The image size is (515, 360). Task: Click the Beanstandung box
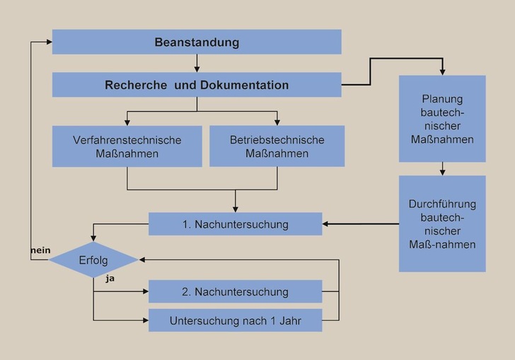click(x=197, y=42)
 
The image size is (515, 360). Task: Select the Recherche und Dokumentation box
click(x=197, y=85)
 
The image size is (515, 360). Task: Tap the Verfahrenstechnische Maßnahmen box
click(x=127, y=146)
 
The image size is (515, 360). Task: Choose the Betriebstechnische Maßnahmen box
click(x=277, y=146)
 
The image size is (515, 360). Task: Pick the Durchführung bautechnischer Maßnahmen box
click(x=442, y=224)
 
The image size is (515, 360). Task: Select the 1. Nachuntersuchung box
click(x=235, y=224)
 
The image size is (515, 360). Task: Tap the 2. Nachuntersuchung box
click(x=235, y=291)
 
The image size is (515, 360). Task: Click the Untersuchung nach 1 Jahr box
click(x=235, y=320)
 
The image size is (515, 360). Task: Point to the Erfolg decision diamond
click(x=93, y=260)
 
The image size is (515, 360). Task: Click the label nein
click(x=39, y=251)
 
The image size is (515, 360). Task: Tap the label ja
click(x=110, y=279)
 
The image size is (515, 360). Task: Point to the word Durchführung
click(x=442, y=204)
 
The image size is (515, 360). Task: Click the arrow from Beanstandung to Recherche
click(x=197, y=64)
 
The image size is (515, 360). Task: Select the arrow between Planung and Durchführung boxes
click(x=442, y=169)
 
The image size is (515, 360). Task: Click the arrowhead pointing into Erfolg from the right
click(x=143, y=260)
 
